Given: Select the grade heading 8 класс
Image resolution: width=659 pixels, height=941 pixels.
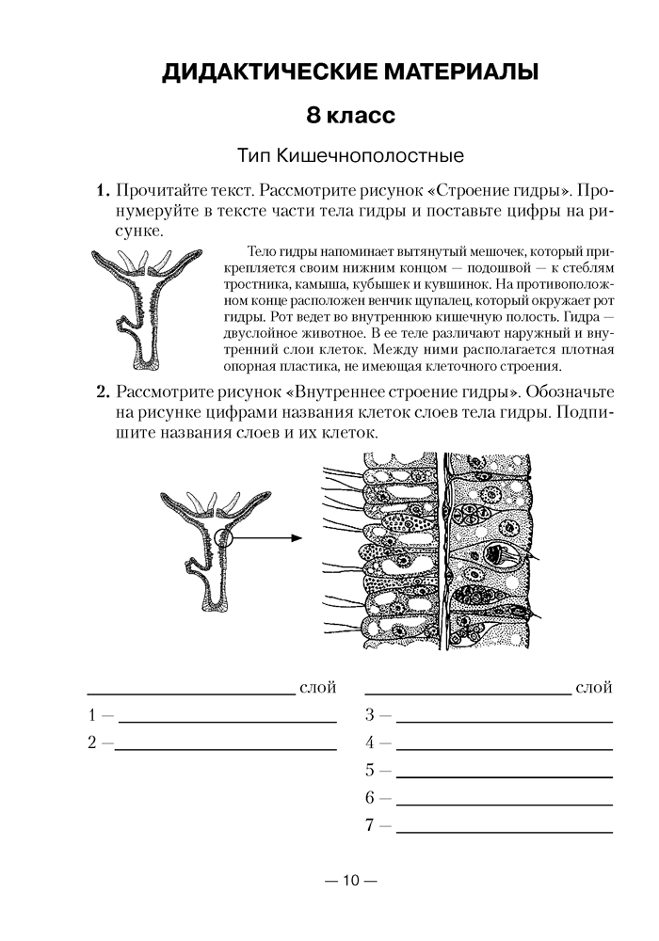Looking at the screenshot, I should [348, 117].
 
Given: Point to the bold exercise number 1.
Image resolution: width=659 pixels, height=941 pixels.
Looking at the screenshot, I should [103, 191].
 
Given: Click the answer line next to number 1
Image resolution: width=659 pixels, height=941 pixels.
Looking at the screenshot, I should [226, 720].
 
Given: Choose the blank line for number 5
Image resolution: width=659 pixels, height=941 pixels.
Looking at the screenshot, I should [504, 777].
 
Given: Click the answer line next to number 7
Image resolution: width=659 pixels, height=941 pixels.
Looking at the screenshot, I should [504, 833].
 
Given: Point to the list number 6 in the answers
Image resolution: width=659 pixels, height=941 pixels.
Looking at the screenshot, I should [370, 799].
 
